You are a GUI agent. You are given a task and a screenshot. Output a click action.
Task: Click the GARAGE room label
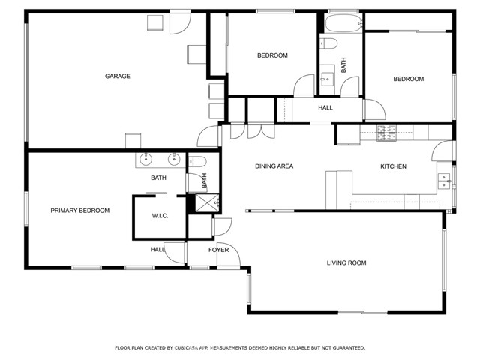click(118, 76)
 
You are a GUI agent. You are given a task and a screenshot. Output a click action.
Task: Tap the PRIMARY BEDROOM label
click(80, 211)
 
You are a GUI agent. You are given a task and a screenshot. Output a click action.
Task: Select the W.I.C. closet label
click(160, 216)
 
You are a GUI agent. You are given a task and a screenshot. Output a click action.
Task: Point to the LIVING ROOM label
click(346, 262)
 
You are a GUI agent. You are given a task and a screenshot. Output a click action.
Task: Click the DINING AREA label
click(274, 166)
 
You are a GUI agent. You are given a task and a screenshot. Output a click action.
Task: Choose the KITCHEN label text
click(393, 166)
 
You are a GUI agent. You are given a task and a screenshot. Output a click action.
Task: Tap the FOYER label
click(218, 250)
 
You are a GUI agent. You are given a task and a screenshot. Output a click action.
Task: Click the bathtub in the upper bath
click(343, 23)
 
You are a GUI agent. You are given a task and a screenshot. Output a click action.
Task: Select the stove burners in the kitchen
click(386, 133)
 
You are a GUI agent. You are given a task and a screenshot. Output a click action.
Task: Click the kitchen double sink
click(444, 181)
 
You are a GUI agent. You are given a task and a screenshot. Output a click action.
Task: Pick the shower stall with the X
click(207, 202)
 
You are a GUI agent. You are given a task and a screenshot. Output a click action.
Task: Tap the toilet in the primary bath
click(197, 161)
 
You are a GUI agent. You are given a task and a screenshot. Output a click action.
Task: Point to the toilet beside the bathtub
click(328, 43)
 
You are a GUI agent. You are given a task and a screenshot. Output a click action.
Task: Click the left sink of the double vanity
click(146, 159)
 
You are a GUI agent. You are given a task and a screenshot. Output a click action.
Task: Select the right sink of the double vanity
click(174, 159)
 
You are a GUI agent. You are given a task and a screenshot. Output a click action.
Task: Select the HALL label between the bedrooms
click(325, 107)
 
